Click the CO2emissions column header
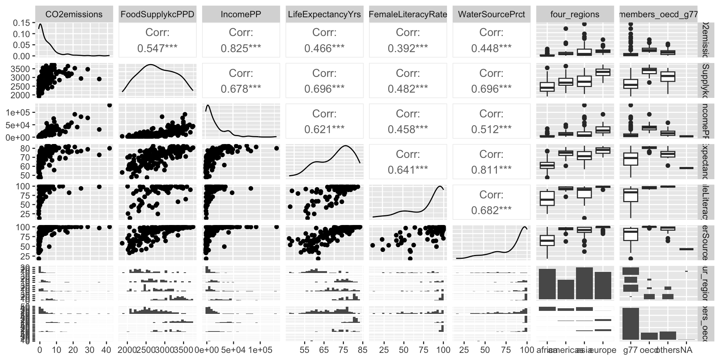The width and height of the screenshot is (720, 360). [x=74, y=14]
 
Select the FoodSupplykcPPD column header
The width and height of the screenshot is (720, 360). [x=157, y=14]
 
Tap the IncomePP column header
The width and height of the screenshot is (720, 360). [x=241, y=14]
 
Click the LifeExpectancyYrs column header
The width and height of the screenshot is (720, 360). [x=324, y=14]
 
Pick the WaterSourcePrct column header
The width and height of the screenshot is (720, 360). [x=491, y=14]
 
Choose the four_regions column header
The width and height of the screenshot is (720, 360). [x=574, y=14]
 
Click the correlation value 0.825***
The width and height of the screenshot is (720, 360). [x=241, y=48]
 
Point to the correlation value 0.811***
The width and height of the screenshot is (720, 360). [x=491, y=170]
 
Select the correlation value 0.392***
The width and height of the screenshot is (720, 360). [x=408, y=48]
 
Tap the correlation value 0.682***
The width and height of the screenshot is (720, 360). [x=491, y=210]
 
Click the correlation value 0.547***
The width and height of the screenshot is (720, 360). [x=157, y=48]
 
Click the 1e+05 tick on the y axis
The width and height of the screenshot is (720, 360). [x=22, y=112]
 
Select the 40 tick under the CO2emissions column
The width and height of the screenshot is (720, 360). [x=106, y=349]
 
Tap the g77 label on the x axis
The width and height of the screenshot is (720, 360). [x=630, y=350]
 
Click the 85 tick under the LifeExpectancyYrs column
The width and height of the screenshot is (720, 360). [x=363, y=349]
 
